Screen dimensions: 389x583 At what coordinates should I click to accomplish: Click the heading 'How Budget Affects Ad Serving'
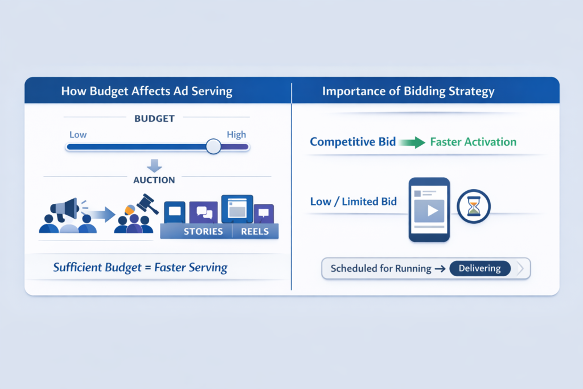pos(146,91)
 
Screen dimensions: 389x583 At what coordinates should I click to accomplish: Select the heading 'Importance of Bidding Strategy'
pos(408,91)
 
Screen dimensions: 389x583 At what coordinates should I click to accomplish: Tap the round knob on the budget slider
pos(214,146)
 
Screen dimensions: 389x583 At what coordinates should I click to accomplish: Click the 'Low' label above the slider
pos(77,134)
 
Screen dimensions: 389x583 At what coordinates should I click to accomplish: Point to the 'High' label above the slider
pos(236,134)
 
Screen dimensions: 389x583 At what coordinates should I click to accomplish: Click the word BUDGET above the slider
pos(154,118)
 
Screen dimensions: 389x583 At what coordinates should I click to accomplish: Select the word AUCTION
pos(154,179)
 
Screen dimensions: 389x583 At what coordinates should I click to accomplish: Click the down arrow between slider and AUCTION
pos(154,165)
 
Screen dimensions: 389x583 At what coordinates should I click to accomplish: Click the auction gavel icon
pos(147,204)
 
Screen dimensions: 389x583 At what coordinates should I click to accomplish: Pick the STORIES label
pos(203,232)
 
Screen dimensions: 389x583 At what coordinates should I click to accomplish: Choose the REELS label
pos(255,232)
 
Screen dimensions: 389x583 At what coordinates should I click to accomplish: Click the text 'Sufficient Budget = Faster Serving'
pos(140,267)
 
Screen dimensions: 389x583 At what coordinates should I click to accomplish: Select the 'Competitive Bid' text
pos(352,142)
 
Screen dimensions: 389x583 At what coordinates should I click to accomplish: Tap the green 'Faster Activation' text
pos(473,142)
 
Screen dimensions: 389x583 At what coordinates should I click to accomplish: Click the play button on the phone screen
pos(430,211)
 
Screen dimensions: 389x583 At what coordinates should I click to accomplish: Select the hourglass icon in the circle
pos(473,207)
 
